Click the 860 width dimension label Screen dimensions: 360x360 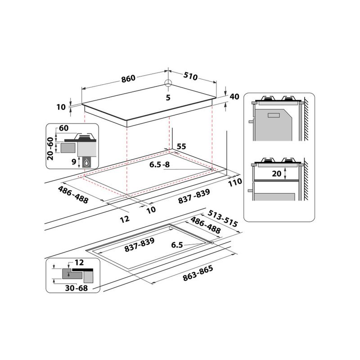[128, 78]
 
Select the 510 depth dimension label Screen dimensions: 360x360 [190, 76]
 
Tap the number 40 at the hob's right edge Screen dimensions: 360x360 [234, 97]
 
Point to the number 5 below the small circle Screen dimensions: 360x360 [167, 98]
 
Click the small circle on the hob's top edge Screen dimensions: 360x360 [168, 83]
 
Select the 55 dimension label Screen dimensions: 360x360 [181, 146]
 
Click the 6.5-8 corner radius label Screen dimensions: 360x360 [160, 165]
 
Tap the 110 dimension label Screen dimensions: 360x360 [235, 182]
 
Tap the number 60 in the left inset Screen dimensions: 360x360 [63, 128]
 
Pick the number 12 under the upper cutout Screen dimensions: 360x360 [125, 219]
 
